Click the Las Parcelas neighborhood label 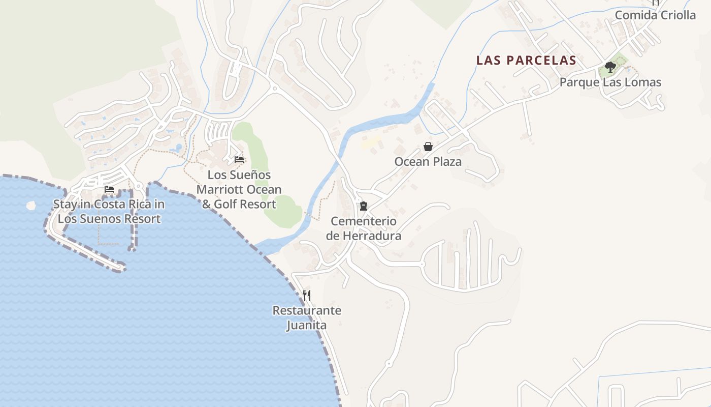[x=526, y=61]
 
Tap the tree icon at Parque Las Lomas [x=610, y=67]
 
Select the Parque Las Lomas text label [x=610, y=82]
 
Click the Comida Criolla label [x=655, y=15]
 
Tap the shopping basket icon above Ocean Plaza [x=428, y=147]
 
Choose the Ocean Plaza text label [x=428, y=162]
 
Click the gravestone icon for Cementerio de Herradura [x=363, y=206]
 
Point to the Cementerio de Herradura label [x=364, y=228]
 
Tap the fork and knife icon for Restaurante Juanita [x=307, y=295]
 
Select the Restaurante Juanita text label [x=307, y=317]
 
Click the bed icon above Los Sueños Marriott [x=239, y=160]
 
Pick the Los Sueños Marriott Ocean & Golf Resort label [x=239, y=190]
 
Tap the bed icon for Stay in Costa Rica [x=109, y=189]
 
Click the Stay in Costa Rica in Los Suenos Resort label [x=109, y=212]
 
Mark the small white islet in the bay [x=31, y=206]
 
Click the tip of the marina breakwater [x=121, y=266]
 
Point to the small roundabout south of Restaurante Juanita [x=389, y=364]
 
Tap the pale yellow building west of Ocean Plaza [x=371, y=141]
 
